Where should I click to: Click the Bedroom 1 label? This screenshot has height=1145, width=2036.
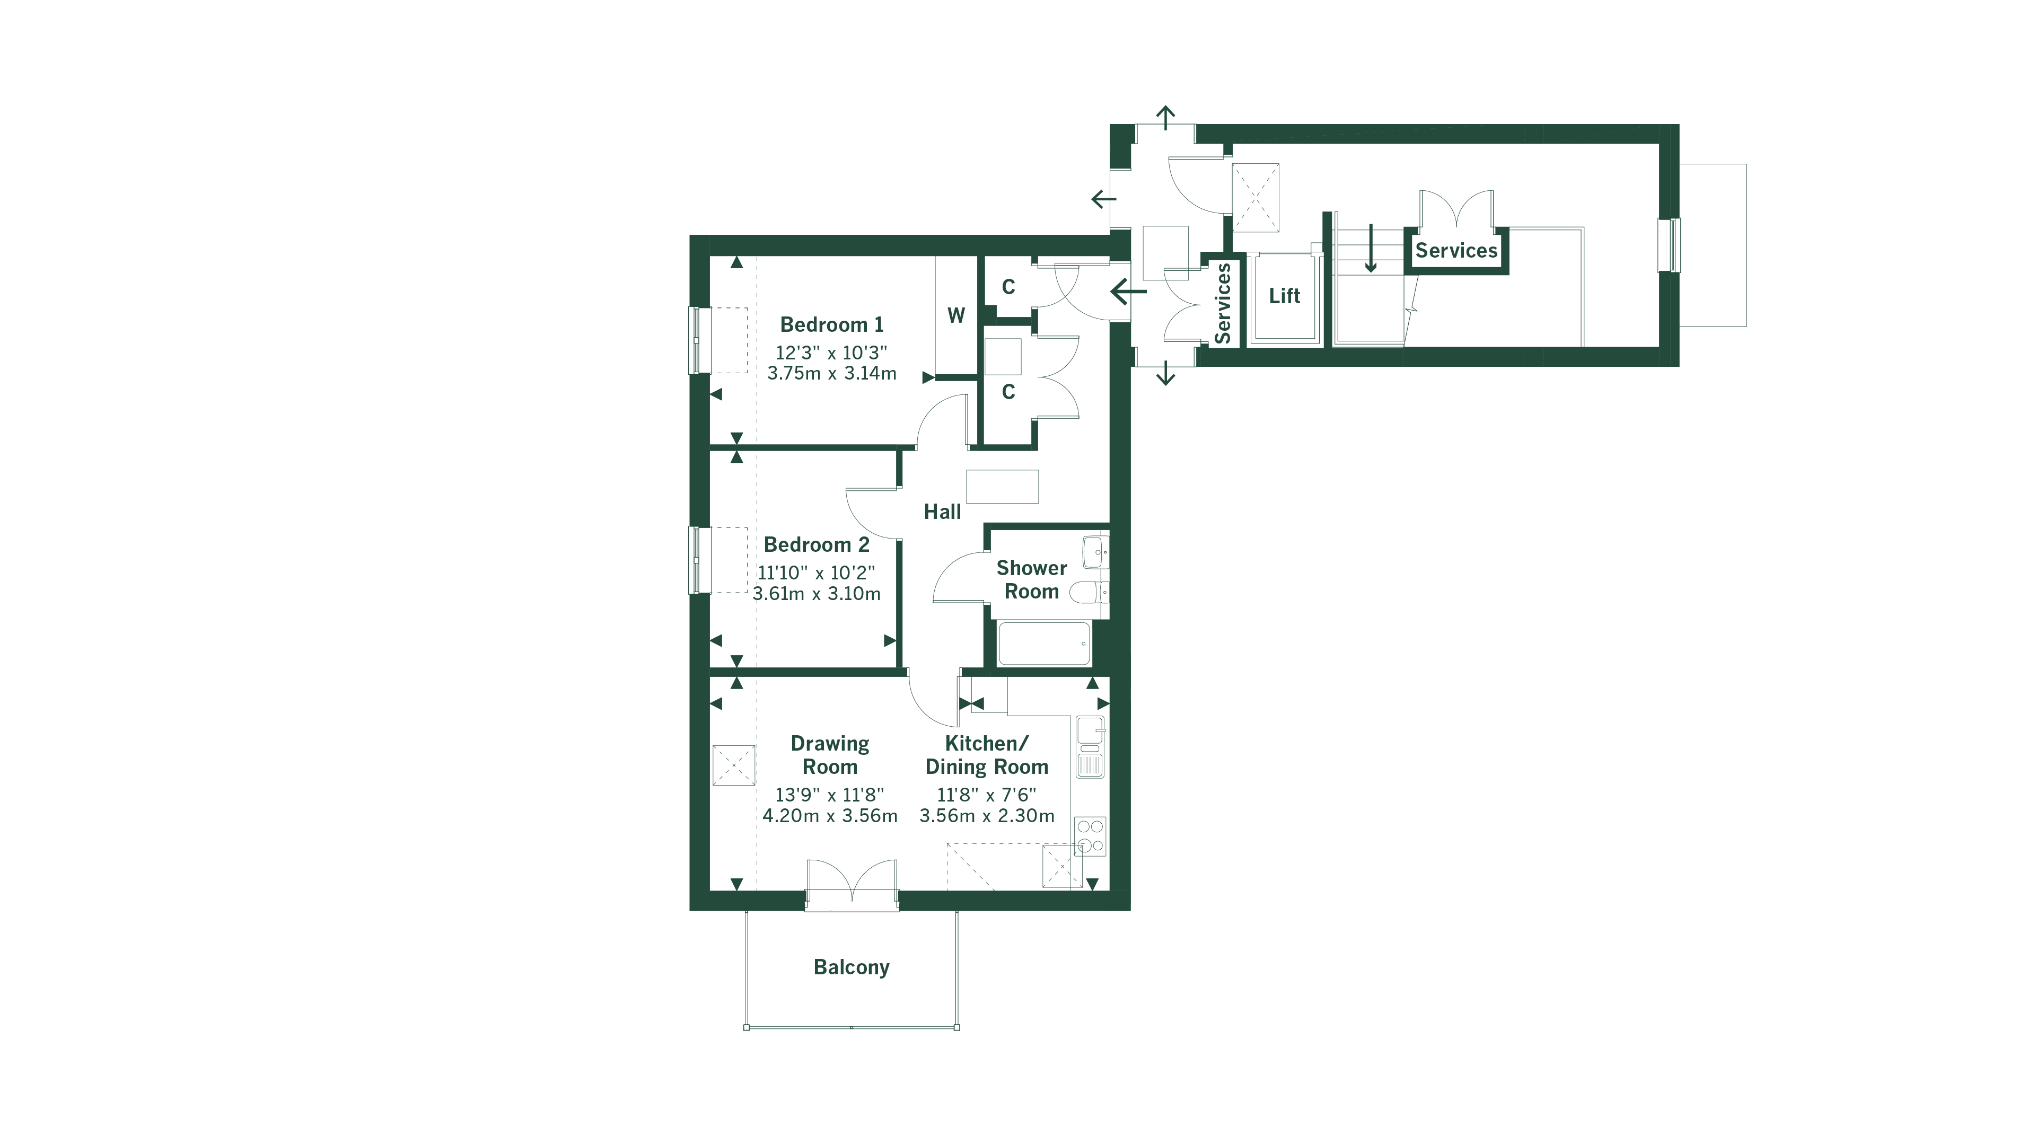[x=831, y=325]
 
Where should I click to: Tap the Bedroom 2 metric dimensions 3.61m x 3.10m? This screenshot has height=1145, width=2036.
[x=817, y=594]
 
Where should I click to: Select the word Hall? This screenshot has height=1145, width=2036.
[x=942, y=512]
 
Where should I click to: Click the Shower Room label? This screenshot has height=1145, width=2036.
[x=1031, y=580]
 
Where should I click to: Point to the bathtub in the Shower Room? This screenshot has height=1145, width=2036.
[x=1044, y=643]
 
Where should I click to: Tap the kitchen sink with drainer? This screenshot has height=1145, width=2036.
[x=1090, y=747]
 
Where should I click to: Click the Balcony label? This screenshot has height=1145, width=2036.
[x=851, y=967]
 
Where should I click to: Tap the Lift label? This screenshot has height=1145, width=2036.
[x=1284, y=296]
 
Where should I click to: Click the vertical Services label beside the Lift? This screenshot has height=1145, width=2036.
[x=1223, y=303]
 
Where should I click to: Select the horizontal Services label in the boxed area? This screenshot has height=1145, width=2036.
[x=1456, y=251]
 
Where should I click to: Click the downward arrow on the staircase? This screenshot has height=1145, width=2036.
[x=1371, y=249]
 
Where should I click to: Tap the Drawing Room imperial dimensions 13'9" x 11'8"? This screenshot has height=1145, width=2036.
[x=829, y=795]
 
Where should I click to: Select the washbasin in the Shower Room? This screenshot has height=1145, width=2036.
[x=1095, y=551]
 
